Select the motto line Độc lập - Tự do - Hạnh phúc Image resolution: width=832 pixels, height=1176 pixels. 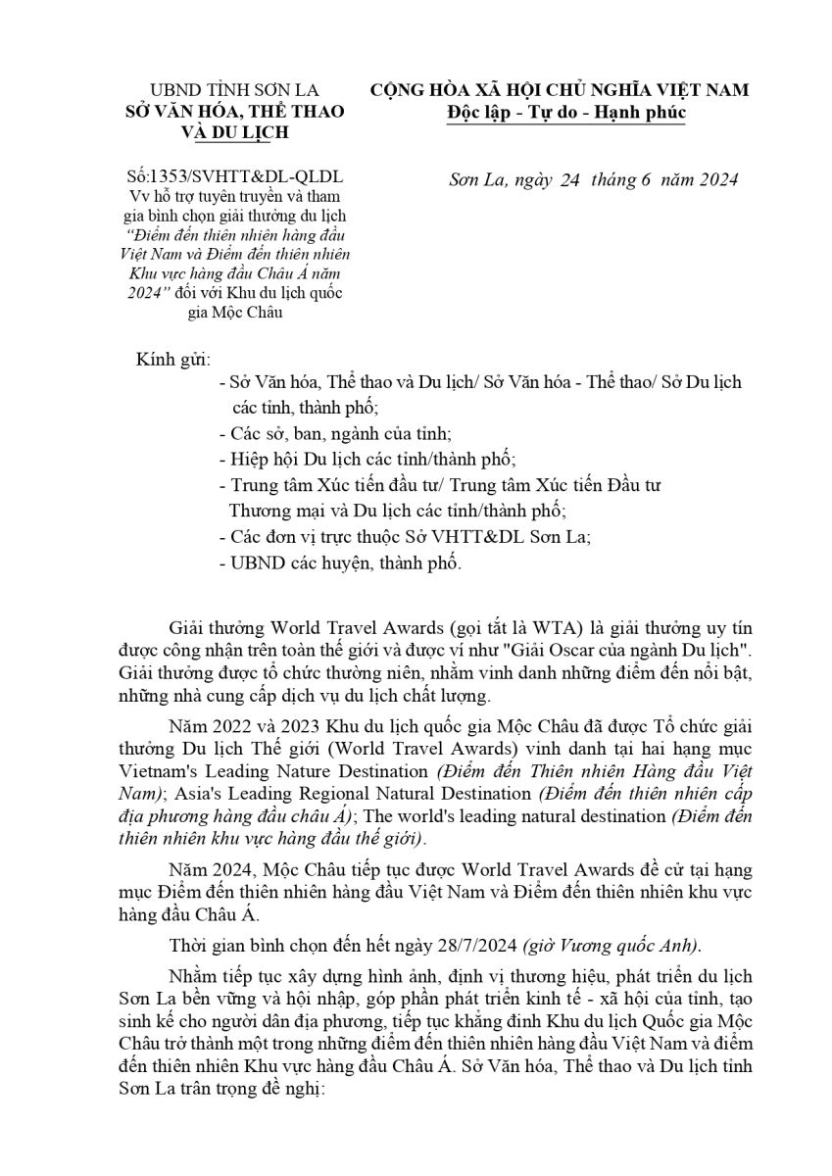point(560,114)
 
